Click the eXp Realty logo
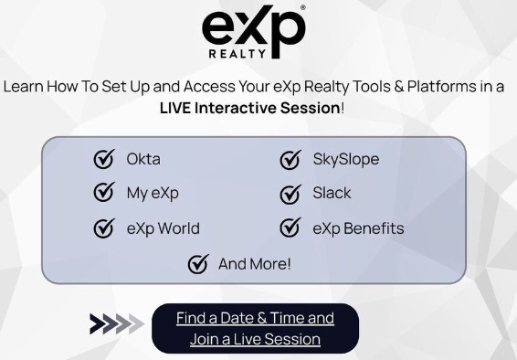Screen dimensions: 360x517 pos(253,33)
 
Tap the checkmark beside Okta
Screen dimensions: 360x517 pos(104,159)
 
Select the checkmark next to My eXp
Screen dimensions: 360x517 pos(104,193)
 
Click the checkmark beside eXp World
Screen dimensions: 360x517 pos(104,228)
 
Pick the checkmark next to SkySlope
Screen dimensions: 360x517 pos(290,160)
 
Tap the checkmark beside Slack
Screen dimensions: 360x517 pos(290,194)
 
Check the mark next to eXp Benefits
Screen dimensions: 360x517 pos(290,228)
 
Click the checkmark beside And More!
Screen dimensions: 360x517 pos(197,264)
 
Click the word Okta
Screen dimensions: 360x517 pos(143,159)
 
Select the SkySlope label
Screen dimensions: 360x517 pos(346,159)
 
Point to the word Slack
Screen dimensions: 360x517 pos(332,193)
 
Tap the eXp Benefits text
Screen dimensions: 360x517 pos(359,228)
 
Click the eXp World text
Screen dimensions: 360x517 pos(163,228)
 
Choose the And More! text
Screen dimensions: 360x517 pos(255,264)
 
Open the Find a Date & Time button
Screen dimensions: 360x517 pos(255,329)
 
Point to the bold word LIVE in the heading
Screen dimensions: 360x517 pos(181,107)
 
